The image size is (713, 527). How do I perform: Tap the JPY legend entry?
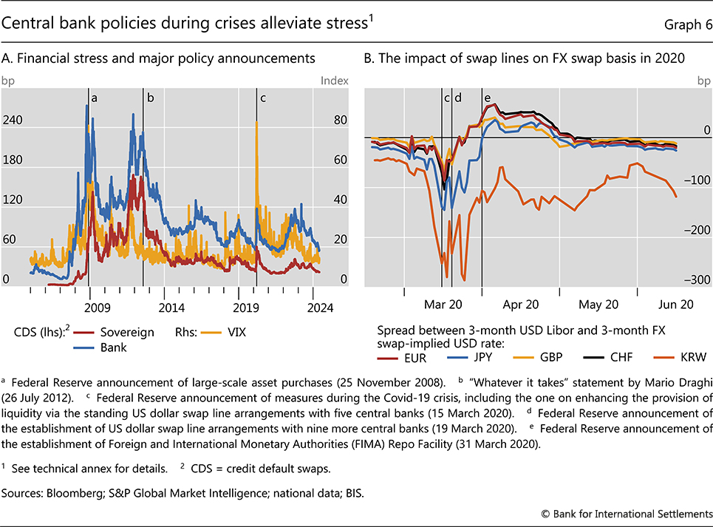[x=477, y=358]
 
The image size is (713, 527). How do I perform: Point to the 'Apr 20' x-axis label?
[x=521, y=304]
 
